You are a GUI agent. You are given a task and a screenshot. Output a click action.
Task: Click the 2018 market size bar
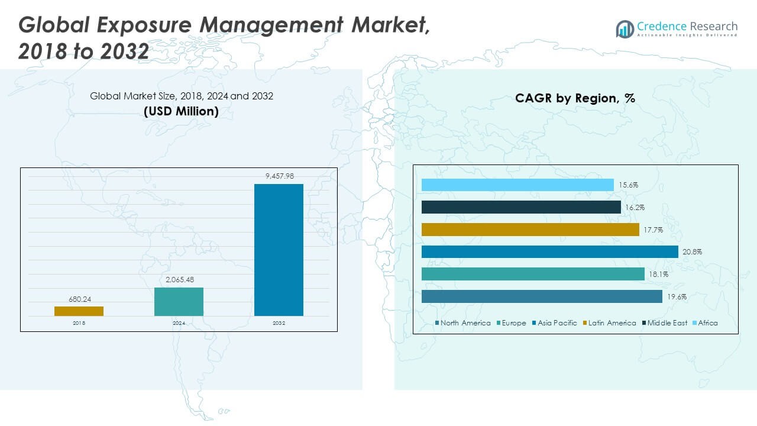coord(79,311)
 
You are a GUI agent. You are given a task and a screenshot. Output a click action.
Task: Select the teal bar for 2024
coord(179,302)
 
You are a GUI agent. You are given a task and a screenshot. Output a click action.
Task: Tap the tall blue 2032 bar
coord(279,250)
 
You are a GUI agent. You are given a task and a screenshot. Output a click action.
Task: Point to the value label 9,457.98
coord(279,176)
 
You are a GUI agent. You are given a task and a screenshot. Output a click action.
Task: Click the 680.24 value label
coord(79,299)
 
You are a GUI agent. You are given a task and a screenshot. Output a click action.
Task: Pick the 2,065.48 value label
coord(179,279)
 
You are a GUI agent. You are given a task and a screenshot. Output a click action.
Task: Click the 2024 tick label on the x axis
coord(179,323)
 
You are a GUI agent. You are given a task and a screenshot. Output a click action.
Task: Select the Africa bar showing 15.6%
coord(517,185)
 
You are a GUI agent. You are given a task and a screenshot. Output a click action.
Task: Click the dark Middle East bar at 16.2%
coord(521,207)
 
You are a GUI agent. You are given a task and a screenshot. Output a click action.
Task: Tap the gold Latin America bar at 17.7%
coord(530,230)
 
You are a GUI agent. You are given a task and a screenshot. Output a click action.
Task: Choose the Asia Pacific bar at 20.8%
coord(550,252)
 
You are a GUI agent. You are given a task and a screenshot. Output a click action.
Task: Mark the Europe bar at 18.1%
coord(533,274)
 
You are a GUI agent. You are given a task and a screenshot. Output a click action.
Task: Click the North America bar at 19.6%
coord(542,296)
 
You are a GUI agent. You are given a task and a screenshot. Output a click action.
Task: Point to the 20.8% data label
coord(692,252)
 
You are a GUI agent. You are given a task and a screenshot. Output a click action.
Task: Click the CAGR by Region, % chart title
coord(575,98)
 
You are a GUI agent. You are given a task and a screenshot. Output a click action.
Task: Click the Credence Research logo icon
coord(625,28)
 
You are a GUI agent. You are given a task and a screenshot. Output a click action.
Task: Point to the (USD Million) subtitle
coord(181,111)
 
